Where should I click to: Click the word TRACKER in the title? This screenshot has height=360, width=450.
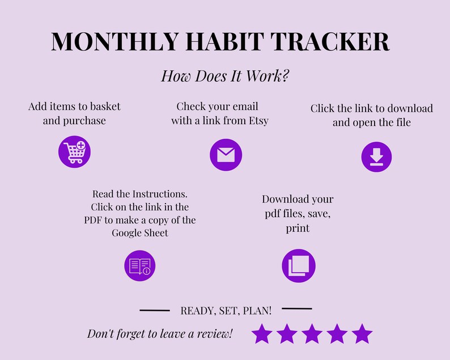point(330,41)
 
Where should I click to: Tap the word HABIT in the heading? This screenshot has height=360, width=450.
point(224,41)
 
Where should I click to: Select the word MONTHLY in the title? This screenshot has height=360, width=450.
point(115,41)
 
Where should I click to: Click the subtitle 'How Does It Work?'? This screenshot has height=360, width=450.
point(225,76)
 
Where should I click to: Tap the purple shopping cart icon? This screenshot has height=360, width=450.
point(74,151)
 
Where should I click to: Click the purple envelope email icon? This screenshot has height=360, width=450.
point(226,155)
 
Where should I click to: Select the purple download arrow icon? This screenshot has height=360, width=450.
point(376,156)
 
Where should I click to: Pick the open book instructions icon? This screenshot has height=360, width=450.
point(140,265)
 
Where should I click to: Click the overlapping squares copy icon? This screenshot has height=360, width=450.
point(299,265)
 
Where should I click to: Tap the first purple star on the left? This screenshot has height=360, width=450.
point(262,334)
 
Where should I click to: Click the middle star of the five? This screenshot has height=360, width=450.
point(312,334)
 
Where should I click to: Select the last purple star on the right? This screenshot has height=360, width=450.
point(362,334)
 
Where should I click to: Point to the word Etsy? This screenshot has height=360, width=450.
point(258,121)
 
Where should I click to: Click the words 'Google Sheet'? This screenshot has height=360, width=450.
point(140,233)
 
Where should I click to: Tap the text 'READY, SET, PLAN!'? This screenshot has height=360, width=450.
point(226,311)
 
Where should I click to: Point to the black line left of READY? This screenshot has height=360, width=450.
point(155,310)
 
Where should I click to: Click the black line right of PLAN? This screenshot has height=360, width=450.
point(297,308)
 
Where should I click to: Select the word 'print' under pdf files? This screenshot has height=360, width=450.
point(298,228)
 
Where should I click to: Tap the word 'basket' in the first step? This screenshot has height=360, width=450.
point(101,107)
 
